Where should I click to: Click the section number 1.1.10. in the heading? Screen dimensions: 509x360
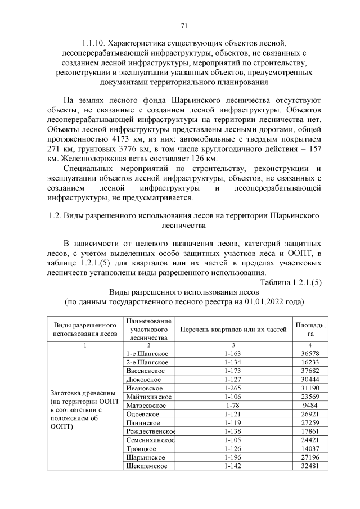coord(93,43)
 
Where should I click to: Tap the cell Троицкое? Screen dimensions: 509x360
coord(142,449)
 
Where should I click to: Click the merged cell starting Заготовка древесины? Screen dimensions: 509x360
coord(84,409)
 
